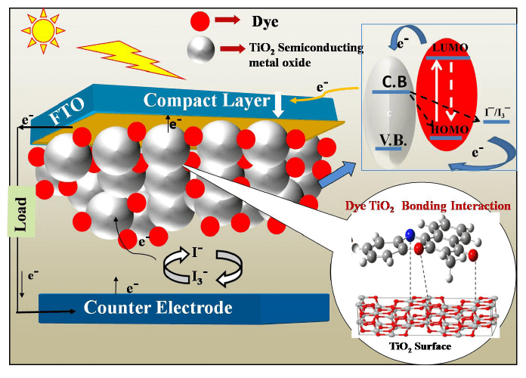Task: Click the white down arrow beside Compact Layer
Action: (x=278, y=104)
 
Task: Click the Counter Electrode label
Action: (x=158, y=308)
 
